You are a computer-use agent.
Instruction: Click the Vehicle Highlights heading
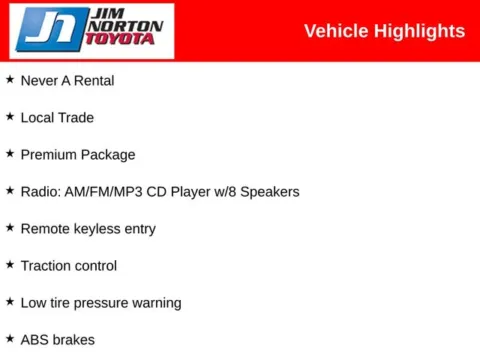click(x=384, y=31)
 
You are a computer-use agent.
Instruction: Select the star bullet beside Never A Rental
click(x=10, y=79)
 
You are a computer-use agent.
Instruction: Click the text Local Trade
click(x=57, y=117)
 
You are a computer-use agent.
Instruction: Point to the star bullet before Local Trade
click(x=10, y=116)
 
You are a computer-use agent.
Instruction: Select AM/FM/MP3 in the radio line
click(x=109, y=191)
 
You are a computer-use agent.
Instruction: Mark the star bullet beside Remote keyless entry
click(x=10, y=227)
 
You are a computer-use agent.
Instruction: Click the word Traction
click(x=46, y=265)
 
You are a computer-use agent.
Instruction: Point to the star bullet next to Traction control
click(x=10, y=264)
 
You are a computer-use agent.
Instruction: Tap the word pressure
click(x=107, y=302)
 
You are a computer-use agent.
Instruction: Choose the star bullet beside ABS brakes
click(x=10, y=338)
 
